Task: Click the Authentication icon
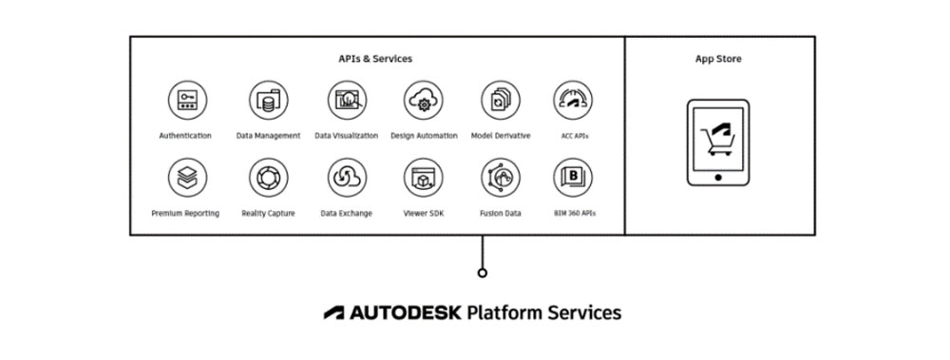click(x=185, y=99)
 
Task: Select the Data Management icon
click(x=268, y=99)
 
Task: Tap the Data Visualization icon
click(x=346, y=99)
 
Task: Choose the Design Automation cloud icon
click(x=424, y=99)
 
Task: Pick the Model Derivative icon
click(x=501, y=99)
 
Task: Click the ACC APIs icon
click(x=574, y=99)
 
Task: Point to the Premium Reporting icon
click(x=185, y=177)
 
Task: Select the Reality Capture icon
click(x=268, y=177)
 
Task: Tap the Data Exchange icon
click(x=346, y=177)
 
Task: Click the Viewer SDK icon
click(x=424, y=177)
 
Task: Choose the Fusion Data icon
click(x=501, y=177)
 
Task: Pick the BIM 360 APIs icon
click(x=574, y=177)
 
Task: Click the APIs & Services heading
click(x=376, y=59)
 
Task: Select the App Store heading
click(x=718, y=59)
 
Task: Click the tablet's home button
click(x=718, y=177)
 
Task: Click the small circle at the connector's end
click(x=483, y=273)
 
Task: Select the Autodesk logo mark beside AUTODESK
click(x=334, y=312)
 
